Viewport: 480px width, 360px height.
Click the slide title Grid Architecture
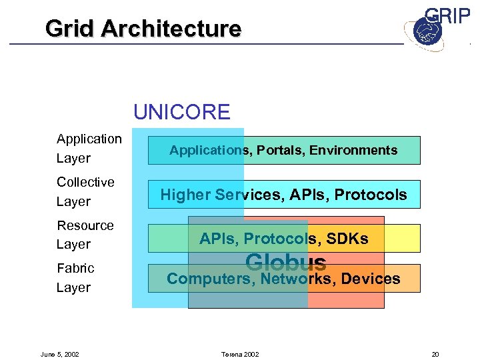(143, 29)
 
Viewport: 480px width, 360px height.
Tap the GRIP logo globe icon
(423, 31)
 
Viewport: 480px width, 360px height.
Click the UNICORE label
(181, 111)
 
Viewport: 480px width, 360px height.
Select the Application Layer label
(89, 148)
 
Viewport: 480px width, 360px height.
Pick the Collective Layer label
(85, 191)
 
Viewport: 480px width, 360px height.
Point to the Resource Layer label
(85, 235)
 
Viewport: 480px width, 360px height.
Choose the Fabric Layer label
(75, 277)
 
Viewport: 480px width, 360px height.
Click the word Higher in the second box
(185, 195)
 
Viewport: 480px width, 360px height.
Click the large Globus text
(285, 263)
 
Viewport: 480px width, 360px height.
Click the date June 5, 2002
(59, 354)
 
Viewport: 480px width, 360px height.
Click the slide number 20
(435, 354)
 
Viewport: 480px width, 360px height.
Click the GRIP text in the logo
(447, 17)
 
